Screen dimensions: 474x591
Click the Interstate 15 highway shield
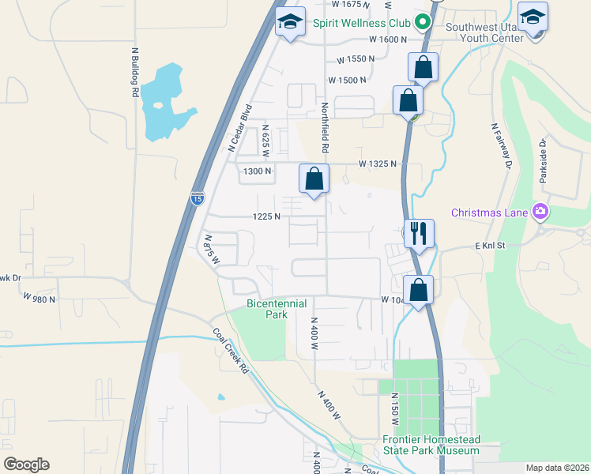click(x=197, y=197)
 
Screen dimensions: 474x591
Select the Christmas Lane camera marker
click(x=540, y=212)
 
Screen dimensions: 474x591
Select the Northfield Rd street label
click(x=324, y=127)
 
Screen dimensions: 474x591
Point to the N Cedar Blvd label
click(x=239, y=127)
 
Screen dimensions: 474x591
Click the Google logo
click(x=26, y=464)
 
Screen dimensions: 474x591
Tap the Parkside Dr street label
click(x=543, y=161)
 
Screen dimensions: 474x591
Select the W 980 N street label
click(x=40, y=298)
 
